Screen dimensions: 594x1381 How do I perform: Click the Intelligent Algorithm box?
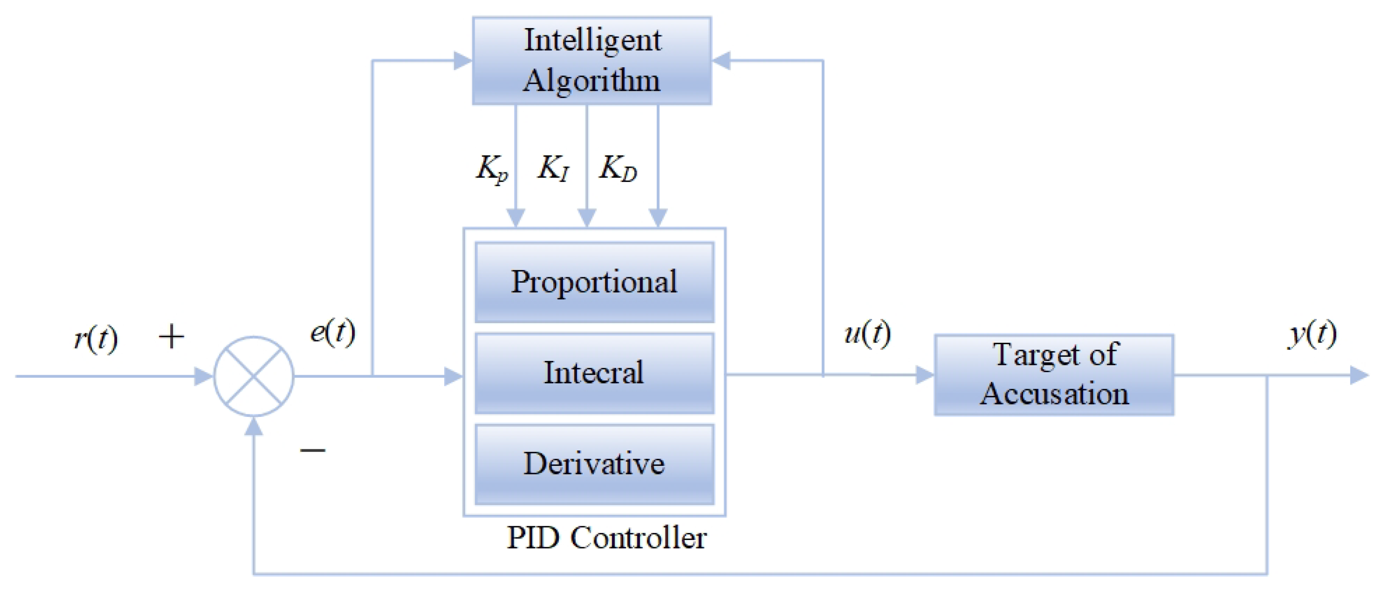click(x=592, y=60)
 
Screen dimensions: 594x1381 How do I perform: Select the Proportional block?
click(x=594, y=282)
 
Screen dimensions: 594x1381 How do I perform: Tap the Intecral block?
click(x=594, y=373)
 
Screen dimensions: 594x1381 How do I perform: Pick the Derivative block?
click(x=594, y=464)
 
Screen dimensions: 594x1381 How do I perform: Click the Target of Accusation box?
click(x=1054, y=375)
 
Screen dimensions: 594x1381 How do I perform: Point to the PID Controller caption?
click(x=606, y=538)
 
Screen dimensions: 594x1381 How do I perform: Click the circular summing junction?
click(x=254, y=376)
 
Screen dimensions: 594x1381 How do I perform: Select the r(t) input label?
click(x=95, y=338)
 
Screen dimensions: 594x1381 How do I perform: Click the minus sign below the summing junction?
click(x=312, y=450)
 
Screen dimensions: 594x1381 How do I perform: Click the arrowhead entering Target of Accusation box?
click(x=925, y=375)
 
